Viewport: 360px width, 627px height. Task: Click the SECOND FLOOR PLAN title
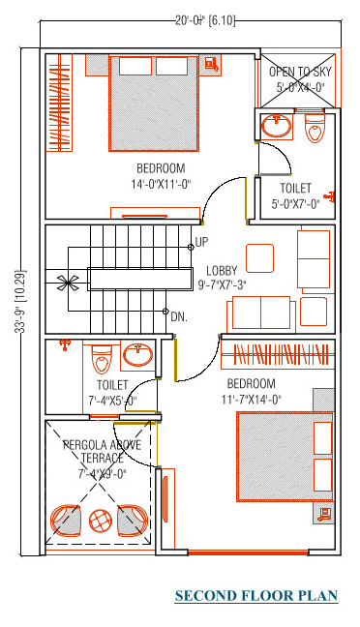[x=255, y=595]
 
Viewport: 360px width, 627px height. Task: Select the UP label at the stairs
[x=201, y=241]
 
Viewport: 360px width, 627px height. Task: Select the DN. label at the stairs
[x=178, y=316]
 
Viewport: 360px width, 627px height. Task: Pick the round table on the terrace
[x=101, y=520]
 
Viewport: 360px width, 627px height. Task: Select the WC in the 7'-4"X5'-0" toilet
[x=103, y=360]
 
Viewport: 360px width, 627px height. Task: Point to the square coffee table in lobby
[x=259, y=258]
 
